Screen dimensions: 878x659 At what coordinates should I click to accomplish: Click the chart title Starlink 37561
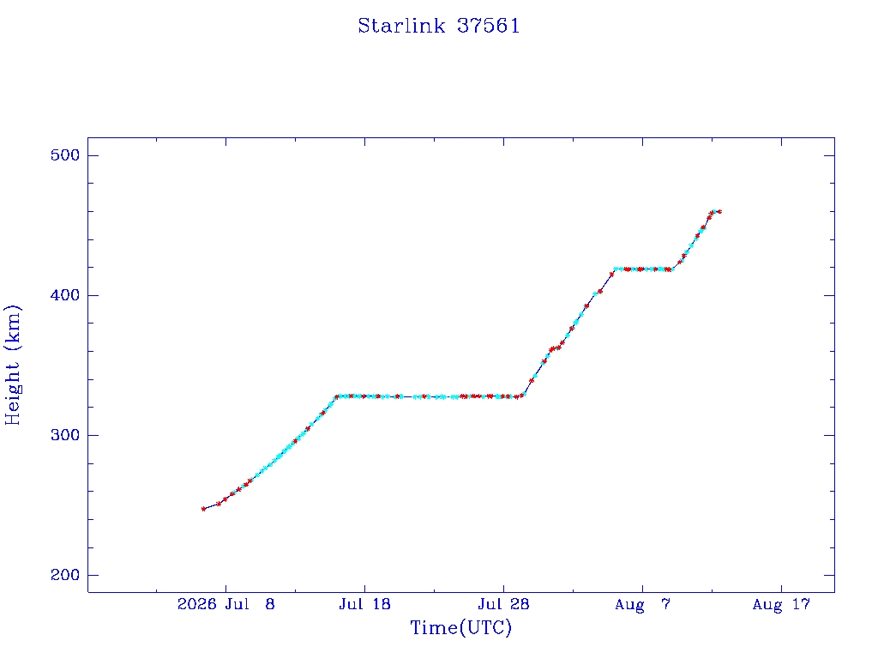click(x=439, y=26)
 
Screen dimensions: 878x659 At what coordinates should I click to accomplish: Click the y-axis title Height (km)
click(x=12, y=365)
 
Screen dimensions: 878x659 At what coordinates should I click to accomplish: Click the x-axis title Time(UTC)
click(x=460, y=627)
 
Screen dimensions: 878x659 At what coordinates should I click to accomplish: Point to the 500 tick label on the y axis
click(x=65, y=155)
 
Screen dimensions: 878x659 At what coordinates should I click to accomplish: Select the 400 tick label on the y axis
click(x=65, y=295)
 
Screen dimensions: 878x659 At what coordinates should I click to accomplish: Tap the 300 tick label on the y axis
click(x=65, y=435)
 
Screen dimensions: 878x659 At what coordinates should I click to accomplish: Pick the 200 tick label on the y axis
click(x=65, y=575)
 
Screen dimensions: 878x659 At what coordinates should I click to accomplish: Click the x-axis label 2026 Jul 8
click(x=226, y=604)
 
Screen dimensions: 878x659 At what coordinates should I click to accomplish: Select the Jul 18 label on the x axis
click(x=364, y=604)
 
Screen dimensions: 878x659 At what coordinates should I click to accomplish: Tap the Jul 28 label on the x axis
click(x=503, y=604)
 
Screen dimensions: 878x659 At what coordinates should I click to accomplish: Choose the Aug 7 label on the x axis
click(x=642, y=604)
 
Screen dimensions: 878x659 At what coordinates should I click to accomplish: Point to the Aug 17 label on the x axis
click(x=781, y=604)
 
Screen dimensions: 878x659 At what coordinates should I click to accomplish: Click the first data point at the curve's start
click(x=203, y=509)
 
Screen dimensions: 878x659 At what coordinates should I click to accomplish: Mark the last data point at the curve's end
click(x=719, y=212)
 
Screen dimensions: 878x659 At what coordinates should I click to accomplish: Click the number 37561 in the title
click(x=488, y=26)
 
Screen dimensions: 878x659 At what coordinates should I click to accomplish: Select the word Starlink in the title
click(x=401, y=26)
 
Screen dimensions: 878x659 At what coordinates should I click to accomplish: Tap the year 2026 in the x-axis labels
click(x=197, y=604)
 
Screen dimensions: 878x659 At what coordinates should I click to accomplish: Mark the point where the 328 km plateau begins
click(x=337, y=396)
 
